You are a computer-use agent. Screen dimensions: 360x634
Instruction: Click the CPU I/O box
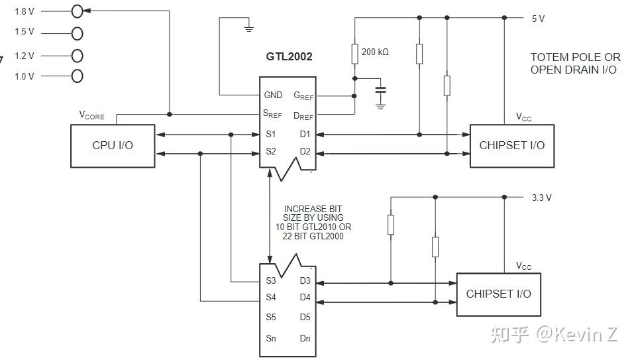[113, 145]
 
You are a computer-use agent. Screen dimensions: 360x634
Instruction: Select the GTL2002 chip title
[289, 56]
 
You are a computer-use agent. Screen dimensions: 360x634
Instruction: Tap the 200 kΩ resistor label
[375, 51]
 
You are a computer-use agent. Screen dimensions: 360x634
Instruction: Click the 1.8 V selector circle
[78, 11]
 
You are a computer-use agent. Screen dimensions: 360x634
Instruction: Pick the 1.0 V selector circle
[78, 76]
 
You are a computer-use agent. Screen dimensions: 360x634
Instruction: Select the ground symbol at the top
[248, 28]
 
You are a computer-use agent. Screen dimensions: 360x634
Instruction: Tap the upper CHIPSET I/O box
[511, 145]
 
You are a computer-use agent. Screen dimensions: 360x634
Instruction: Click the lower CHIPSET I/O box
[498, 294]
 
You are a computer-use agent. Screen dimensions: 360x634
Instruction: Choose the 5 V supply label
[538, 19]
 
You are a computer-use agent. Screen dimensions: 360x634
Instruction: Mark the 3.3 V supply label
[541, 198]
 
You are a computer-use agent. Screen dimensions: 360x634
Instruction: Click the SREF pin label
[272, 114]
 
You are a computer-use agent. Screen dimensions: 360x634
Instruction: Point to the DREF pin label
[303, 116]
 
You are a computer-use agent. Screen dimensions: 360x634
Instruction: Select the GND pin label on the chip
[273, 95]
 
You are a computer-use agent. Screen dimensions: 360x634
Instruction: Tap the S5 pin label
[271, 317]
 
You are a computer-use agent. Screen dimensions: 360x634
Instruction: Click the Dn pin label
[305, 338]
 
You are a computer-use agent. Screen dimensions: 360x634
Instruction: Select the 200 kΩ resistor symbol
[354, 53]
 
